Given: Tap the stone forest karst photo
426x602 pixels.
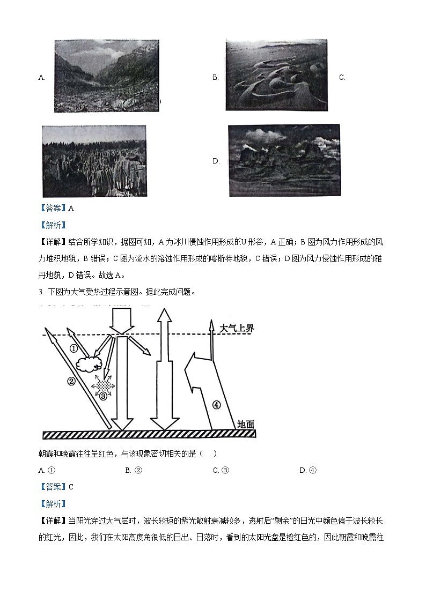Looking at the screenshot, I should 94,161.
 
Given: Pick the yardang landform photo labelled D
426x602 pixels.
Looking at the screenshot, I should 284,160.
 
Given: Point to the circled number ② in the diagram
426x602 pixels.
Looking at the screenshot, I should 71,382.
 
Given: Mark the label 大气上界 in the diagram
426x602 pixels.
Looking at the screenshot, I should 237,328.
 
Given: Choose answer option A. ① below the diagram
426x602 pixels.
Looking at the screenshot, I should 48,470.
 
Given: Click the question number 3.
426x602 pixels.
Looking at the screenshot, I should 41,292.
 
